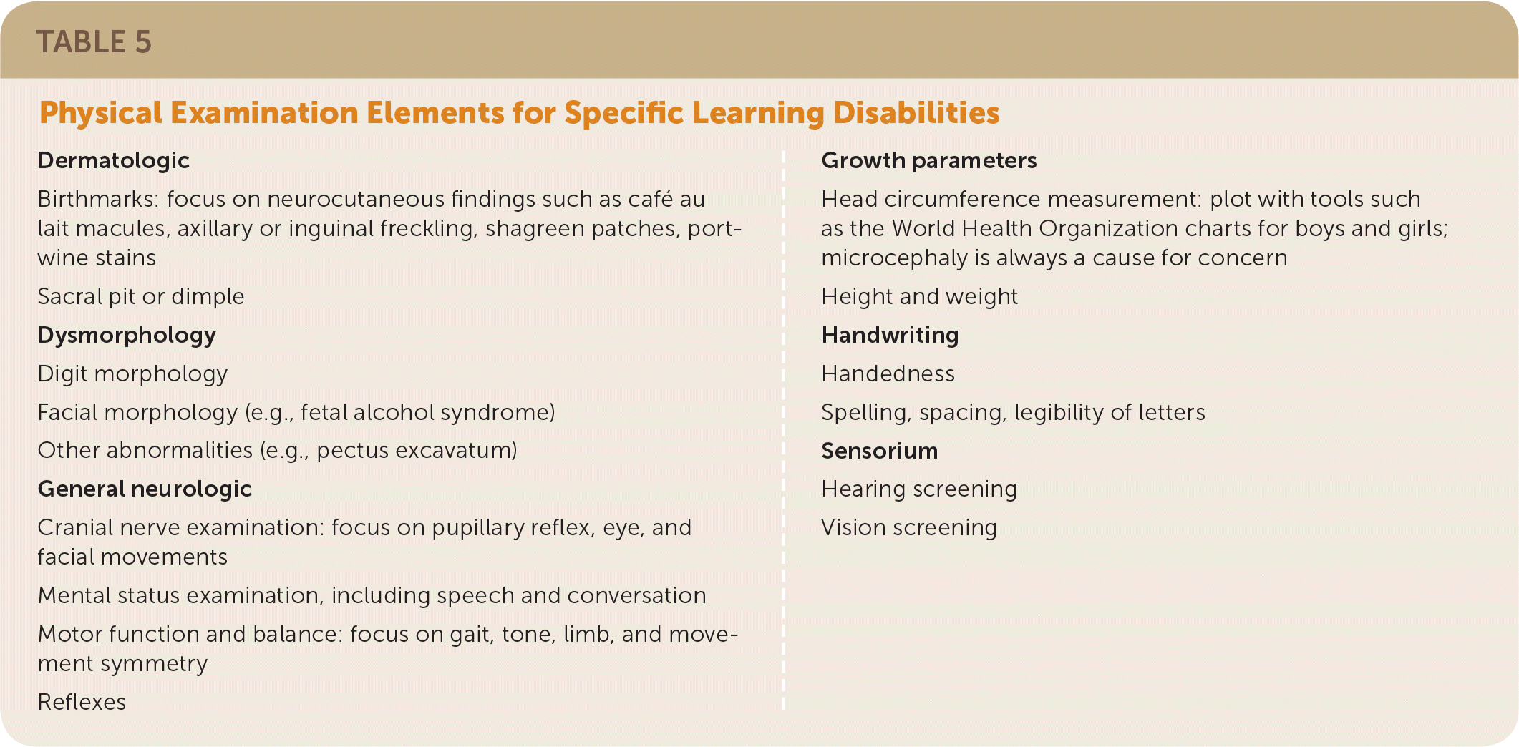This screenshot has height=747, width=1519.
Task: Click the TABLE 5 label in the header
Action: pos(94,41)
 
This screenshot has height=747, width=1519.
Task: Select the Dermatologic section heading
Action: pos(114,161)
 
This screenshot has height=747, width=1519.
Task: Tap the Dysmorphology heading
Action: pos(127,336)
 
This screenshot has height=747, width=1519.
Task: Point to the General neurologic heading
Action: pos(145,489)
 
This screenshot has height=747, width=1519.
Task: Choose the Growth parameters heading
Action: pos(929,161)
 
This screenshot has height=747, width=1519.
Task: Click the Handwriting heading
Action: pos(890,336)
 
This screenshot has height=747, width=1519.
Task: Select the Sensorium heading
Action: pos(880,451)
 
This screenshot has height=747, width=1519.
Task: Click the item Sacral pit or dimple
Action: pos(141,297)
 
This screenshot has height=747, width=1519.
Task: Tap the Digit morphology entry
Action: pos(132,374)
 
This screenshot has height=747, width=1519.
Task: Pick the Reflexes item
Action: pos(82,702)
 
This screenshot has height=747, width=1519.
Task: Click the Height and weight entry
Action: pos(919,297)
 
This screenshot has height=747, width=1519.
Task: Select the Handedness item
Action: pos(888,373)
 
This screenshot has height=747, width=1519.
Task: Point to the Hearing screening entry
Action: pos(919,489)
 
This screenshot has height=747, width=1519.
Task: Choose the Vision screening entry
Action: pos(909,528)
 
